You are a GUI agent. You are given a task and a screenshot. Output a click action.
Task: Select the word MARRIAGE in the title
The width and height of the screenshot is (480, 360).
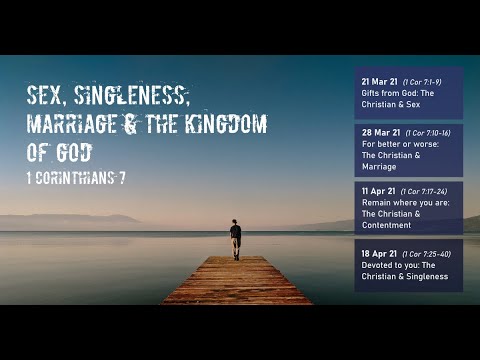(x=73, y=125)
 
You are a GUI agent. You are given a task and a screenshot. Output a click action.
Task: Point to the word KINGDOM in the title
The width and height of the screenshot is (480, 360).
(x=221, y=125)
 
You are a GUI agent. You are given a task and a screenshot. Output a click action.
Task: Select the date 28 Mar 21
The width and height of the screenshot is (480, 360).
(x=381, y=133)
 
